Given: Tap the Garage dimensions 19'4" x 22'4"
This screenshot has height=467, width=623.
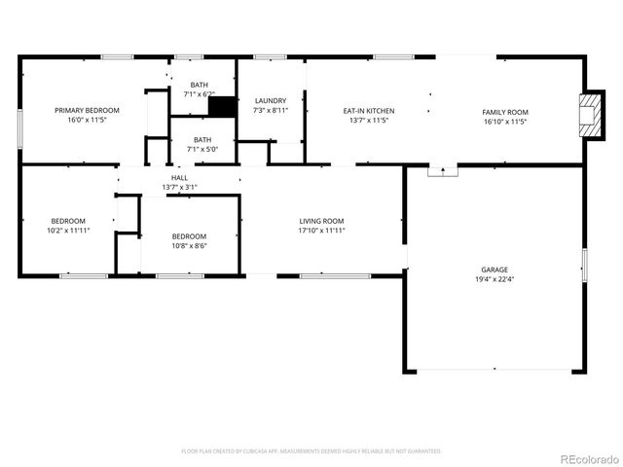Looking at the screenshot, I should click(x=494, y=280).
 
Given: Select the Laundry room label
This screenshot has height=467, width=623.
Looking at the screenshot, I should click(x=270, y=100).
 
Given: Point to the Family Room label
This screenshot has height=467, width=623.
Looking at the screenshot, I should click(x=505, y=111).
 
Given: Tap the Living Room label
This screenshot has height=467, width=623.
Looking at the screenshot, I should click(x=321, y=221).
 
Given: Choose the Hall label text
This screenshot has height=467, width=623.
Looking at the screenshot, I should click(x=180, y=178).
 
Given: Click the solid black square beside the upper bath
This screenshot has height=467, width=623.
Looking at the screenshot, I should click(x=223, y=107).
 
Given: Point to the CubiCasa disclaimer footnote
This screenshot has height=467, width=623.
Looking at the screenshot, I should click(x=311, y=451).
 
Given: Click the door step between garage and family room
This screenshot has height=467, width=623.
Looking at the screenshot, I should click(x=443, y=170).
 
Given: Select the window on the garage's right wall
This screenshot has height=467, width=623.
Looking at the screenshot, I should click(x=584, y=265).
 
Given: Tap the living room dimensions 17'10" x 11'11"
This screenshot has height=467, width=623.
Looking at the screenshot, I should click(x=321, y=232).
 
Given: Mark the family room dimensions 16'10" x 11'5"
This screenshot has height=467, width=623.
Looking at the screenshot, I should click(x=505, y=122).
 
